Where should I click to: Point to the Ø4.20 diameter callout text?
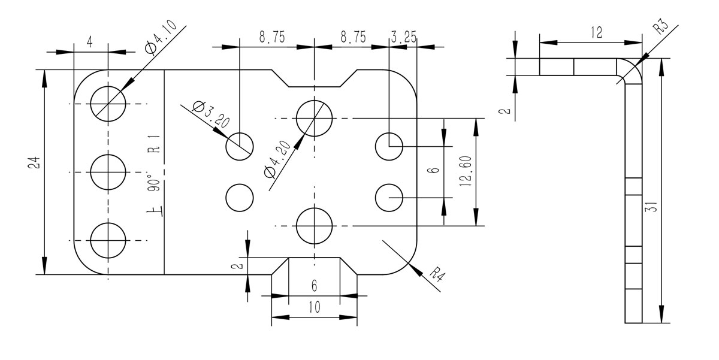279,160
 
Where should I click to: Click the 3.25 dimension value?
403,38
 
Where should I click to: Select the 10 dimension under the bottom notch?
314,307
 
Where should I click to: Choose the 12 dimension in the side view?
595,33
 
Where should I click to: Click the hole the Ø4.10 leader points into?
108,104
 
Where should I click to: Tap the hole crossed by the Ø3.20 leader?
239,146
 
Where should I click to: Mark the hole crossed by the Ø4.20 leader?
315,117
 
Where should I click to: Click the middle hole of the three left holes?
108,172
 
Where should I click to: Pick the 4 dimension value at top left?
89,42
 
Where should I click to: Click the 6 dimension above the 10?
314,286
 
